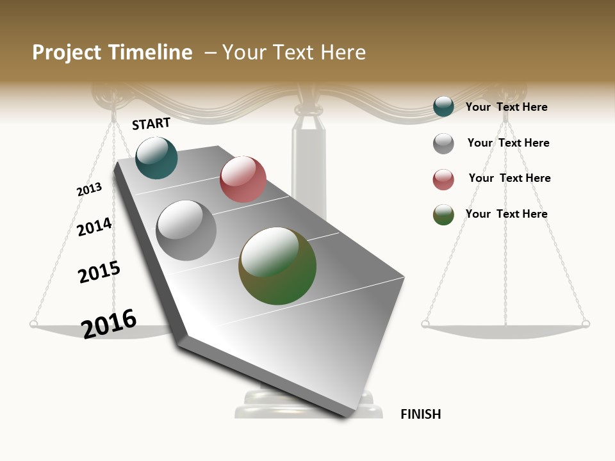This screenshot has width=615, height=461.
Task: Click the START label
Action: point(151,124)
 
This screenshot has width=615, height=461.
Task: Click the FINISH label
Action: point(420,414)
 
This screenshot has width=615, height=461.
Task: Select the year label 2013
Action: point(89,190)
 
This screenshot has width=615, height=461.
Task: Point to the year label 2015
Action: point(99,272)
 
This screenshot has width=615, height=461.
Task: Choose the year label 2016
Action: point(109,323)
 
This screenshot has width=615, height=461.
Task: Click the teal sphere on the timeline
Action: point(156,158)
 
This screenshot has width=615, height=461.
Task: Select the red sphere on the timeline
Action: point(243,179)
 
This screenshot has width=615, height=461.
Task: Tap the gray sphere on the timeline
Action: point(186,230)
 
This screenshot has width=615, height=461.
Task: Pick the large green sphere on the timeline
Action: point(277,266)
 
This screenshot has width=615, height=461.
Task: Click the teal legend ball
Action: point(443,106)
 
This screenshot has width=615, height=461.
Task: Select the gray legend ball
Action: point(443,143)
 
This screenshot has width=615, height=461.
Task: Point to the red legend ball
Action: point(443,179)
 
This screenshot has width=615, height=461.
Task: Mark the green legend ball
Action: point(443,215)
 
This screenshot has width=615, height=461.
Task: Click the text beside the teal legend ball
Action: point(506,107)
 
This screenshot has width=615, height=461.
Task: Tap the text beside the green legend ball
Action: point(506,214)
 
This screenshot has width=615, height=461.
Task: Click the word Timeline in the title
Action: point(150,53)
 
